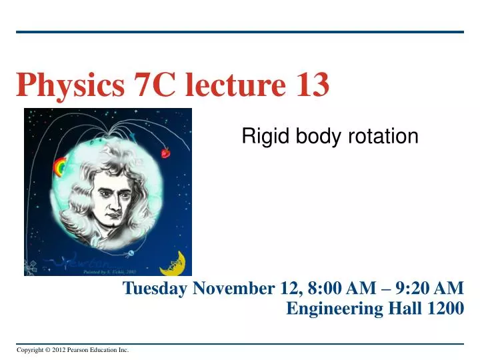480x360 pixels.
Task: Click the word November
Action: point(232,288)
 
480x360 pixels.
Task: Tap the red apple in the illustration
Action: point(165,153)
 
